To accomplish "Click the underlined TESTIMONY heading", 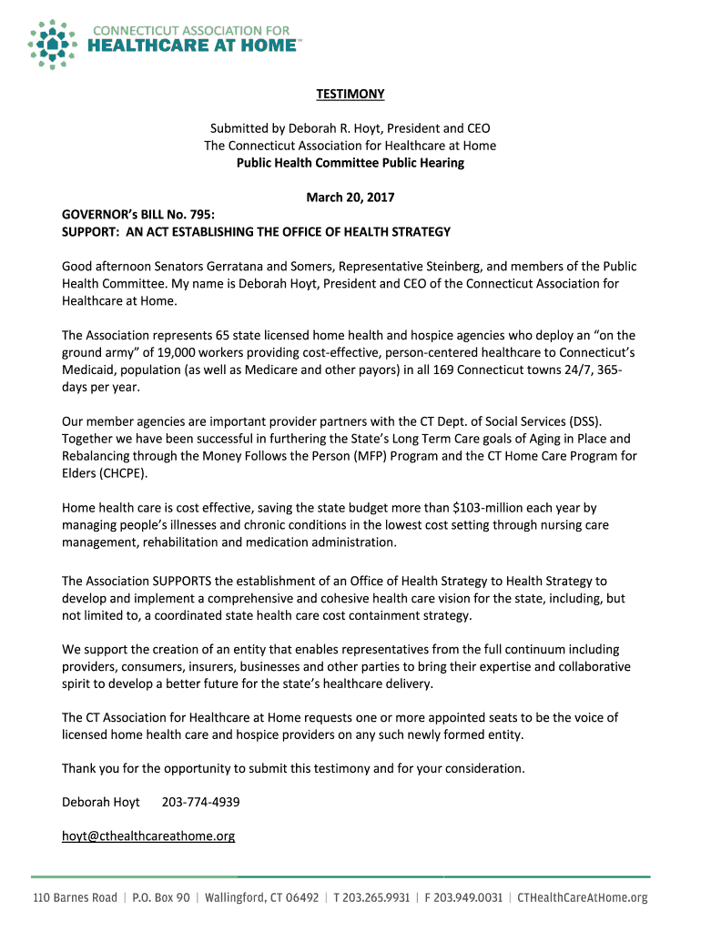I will tap(350, 94).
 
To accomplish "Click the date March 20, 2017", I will tap(350, 198).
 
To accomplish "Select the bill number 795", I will tap(202, 215).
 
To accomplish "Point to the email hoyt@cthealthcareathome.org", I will tap(148, 836).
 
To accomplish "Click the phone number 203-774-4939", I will tap(200, 802).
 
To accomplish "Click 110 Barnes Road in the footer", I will tap(76, 897).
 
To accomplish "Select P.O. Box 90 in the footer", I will tap(161, 897).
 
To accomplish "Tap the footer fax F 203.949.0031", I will tap(463, 897).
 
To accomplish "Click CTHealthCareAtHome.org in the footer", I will tap(583, 897).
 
